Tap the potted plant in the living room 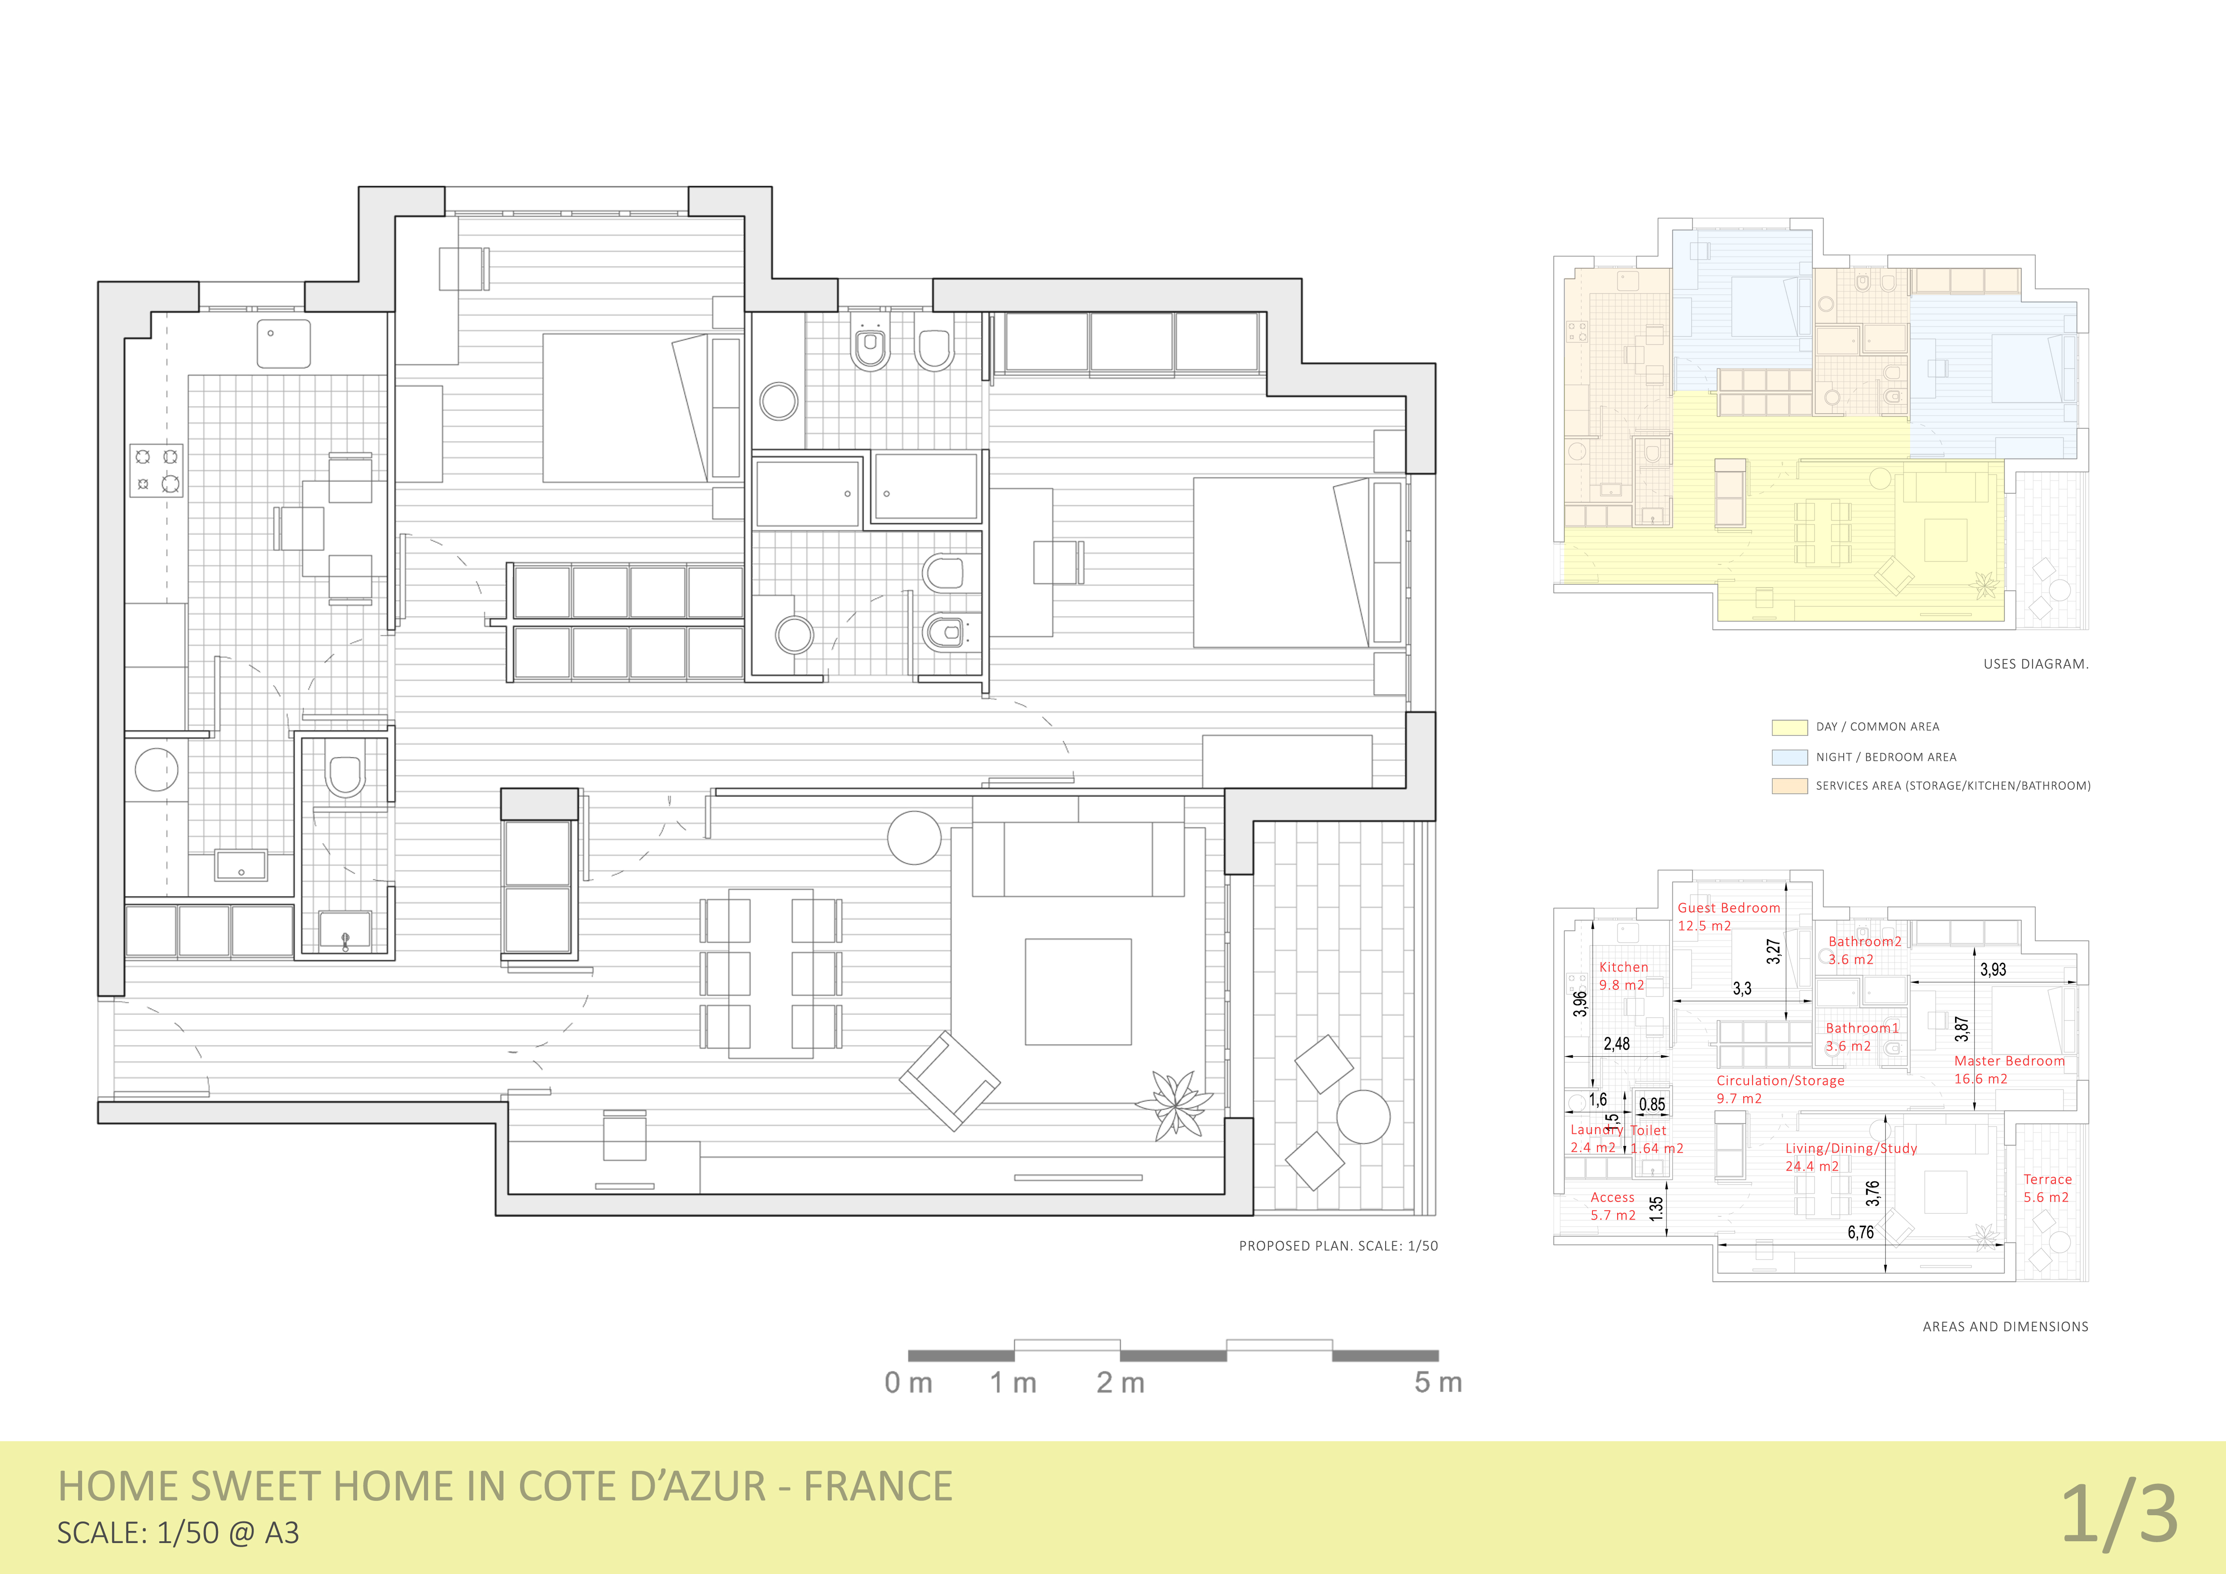(x=1175, y=1103)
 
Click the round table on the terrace (x=1363, y=1116)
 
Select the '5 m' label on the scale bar (x=1438, y=1383)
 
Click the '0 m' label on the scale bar (x=909, y=1383)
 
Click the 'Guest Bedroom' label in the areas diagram (x=1729, y=908)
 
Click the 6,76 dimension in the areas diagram (x=1860, y=1233)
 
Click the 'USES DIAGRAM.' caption (x=2036, y=664)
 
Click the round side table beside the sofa (x=914, y=837)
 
